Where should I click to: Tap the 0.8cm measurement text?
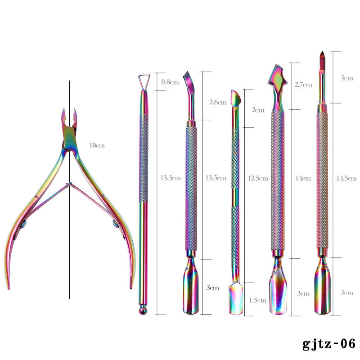(x=170, y=82)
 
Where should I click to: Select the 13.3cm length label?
(x=171, y=178)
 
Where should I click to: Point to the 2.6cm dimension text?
(x=218, y=102)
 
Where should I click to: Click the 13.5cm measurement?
(x=215, y=178)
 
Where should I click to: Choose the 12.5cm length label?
(x=256, y=178)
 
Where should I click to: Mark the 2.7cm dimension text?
(x=303, y=85)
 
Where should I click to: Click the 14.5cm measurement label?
(x=343, y=178)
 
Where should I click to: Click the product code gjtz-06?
(x=329, y=343)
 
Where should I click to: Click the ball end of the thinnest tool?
(x=143, y=310)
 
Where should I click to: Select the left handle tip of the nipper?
(x=8, y=286)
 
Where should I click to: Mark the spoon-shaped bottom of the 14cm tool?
(x=278, y=292)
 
